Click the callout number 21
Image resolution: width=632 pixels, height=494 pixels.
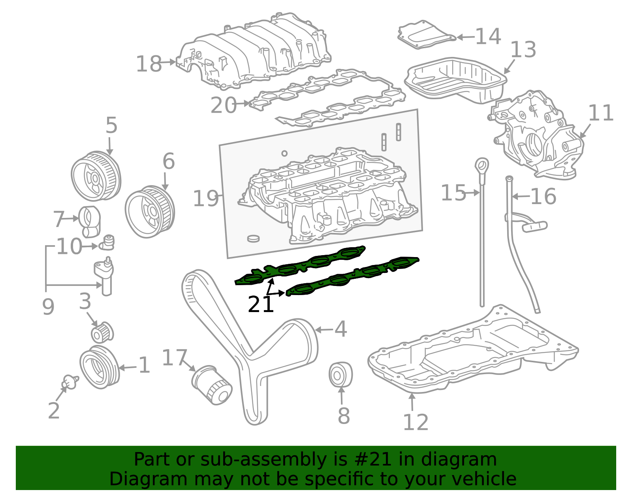(x=261, y=305)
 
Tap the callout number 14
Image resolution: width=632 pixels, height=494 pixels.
(x=488, y=36)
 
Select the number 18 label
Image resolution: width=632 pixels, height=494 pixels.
(x=149, y=64)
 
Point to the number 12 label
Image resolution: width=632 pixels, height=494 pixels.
(x=416, y=422)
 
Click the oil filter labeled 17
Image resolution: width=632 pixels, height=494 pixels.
(x=212, y=385)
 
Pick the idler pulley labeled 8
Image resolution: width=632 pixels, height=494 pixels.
(x=340, y=374)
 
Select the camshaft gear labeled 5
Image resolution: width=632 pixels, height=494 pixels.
(x=96, y=176)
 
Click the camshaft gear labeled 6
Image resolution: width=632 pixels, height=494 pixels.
(x=150, y=212)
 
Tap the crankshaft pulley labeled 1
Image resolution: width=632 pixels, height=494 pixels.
(x=99, y=367)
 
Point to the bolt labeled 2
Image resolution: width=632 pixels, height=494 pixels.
(x=70, y=382)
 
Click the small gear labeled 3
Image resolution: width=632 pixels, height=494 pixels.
(x=102, y=332)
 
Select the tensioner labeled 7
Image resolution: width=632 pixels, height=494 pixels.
(x=90, y=220)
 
